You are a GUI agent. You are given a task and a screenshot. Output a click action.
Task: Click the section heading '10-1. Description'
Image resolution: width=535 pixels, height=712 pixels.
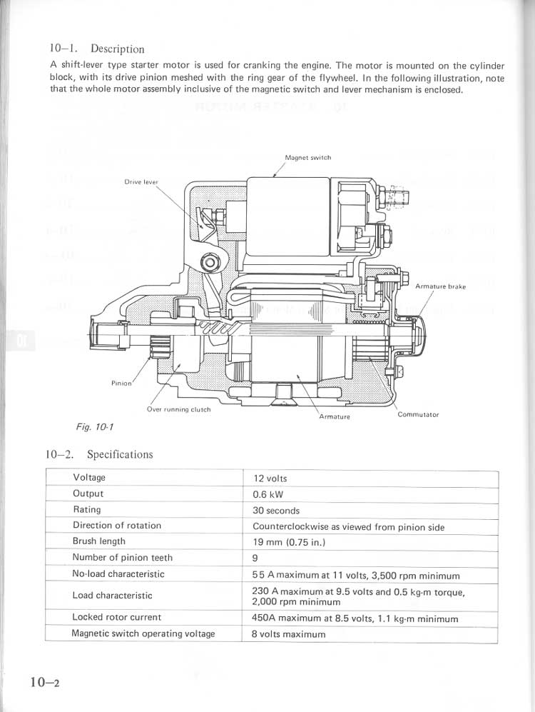(x=97, y=49)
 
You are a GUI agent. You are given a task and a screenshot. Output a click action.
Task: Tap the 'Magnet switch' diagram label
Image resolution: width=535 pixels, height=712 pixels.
(x=307, y=158)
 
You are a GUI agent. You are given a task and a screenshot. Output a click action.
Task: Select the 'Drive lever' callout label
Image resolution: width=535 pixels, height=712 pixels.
(x=141, y=182)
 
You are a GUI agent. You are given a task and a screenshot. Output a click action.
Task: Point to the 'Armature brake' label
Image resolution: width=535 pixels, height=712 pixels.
(x=440, y=286)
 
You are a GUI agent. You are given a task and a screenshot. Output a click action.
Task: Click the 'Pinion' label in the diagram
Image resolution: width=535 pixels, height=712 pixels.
(x=121, y=383)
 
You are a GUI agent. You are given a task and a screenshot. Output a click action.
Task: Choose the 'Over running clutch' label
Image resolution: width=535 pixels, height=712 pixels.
(x=178, y=410)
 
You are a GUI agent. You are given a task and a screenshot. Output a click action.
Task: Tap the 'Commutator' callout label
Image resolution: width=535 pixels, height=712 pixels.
(x=418, y=414)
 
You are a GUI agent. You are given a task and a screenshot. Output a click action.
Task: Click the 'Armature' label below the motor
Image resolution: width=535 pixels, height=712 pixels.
(x=335, y=416)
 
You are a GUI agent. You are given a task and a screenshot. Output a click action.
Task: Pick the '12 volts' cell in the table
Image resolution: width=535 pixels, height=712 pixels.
(x=270, y=478)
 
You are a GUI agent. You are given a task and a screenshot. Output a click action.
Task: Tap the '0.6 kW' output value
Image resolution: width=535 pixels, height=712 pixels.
(x=269, y=494)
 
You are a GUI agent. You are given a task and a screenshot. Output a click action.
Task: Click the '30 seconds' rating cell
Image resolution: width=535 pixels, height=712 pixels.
(x=276, y=511)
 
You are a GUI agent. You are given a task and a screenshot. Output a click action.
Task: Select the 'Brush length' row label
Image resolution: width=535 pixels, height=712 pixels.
(x=99, y=541)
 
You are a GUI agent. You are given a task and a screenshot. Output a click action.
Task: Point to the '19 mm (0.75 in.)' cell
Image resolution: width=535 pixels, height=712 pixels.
(x=289, y=543)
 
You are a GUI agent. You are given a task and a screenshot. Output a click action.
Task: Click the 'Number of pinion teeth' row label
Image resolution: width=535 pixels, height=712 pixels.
(x=123, y=557)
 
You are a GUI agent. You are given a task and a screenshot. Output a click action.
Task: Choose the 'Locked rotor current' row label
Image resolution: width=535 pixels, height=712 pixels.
(x=117, y=617)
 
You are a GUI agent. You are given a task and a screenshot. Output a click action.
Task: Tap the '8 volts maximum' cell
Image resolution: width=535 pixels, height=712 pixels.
(x=288, y=634)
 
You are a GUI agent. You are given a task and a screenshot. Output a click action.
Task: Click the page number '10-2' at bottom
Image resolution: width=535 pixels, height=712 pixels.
(x=44, y=682)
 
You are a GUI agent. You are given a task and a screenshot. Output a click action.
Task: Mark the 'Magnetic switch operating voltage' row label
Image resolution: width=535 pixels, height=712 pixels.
(x=143, y=633)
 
